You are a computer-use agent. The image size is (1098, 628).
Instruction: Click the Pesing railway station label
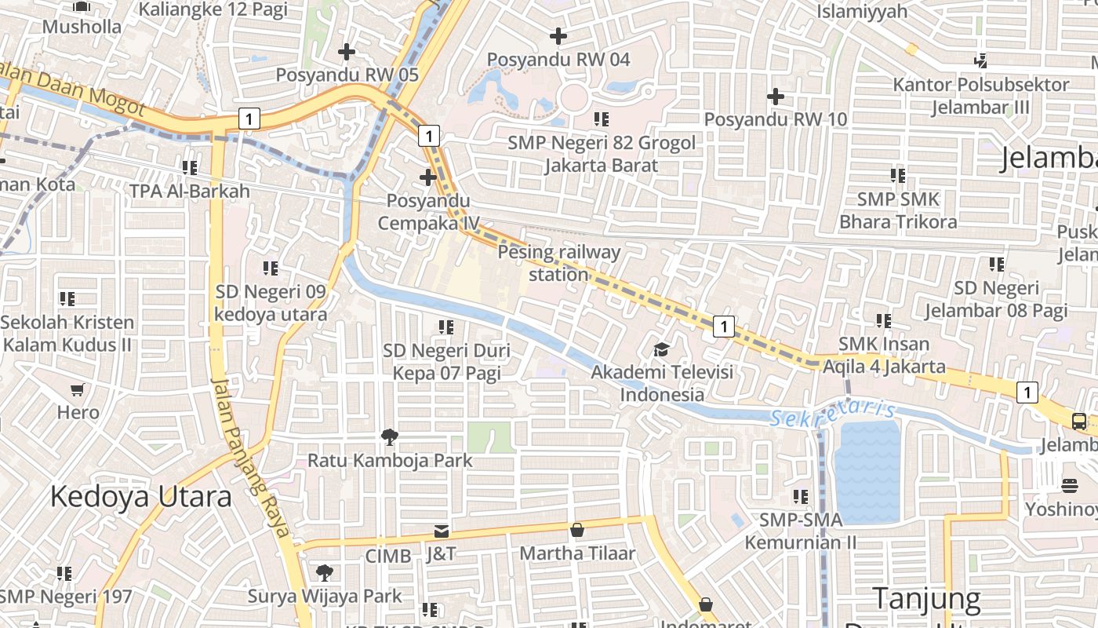[558, 263]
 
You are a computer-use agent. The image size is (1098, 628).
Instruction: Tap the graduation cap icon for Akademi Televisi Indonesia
[662, 349]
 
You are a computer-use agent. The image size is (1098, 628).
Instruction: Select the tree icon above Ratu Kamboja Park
[389, 437]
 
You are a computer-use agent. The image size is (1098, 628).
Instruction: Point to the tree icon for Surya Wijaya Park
[324, 573]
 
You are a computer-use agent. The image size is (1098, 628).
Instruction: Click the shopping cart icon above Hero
[77, 389]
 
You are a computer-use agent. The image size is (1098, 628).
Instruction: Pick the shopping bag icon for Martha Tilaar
[577, 530]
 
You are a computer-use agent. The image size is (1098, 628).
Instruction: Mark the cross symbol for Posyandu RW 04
[558, 36]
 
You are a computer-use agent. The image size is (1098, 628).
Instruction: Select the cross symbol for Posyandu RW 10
[775, 97]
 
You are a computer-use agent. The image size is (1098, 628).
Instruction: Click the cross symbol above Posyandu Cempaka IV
[427, 177]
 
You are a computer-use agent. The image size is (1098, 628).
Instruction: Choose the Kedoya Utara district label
[141, 497]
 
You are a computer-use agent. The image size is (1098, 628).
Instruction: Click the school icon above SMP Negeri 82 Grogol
[602, 119]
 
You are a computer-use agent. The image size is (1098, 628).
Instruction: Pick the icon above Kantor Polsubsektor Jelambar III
[980, 60]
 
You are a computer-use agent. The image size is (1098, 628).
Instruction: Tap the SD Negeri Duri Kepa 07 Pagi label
[446, 361]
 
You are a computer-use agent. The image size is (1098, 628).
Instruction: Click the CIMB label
[388, 556]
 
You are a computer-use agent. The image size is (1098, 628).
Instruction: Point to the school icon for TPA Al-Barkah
[189, 168]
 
